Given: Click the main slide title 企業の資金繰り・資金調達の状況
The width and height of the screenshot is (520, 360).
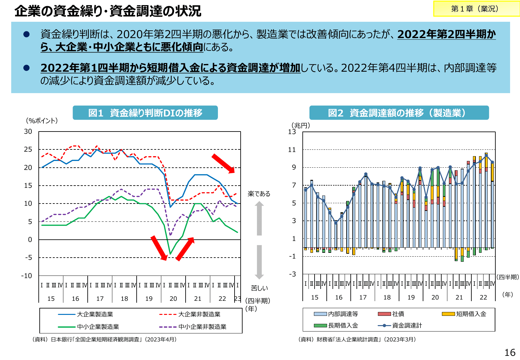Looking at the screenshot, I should pos(108,11).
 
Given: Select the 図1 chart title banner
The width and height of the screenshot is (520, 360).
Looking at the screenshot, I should pos(145,113).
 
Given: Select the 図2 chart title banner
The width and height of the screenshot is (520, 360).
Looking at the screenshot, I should pos(399,113).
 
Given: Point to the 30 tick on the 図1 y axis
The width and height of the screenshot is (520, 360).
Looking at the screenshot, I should pos(28,132).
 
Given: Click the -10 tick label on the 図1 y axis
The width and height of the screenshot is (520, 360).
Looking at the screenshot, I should pos(27,276).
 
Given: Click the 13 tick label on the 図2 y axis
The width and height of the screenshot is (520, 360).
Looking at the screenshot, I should pos(292,132).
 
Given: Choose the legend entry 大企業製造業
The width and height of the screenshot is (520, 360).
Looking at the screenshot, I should pos(95,315).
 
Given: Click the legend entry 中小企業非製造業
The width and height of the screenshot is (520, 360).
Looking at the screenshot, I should pos(202,327).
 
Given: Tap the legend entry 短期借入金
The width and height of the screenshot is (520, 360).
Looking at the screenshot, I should pos(471,314).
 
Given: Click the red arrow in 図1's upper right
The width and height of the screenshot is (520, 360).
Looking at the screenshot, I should pos(223,164).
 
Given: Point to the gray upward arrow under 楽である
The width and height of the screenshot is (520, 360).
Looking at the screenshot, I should pos(259,218).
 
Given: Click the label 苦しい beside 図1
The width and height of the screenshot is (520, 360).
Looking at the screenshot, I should pos(259,288).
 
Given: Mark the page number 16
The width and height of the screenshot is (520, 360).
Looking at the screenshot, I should pos(510,353).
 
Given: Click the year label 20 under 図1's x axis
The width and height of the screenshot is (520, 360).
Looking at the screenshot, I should pos(173,299).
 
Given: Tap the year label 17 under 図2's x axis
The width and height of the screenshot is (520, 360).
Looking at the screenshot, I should pos(363,297).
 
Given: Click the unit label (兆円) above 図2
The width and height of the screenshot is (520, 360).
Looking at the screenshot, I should pos(300,125).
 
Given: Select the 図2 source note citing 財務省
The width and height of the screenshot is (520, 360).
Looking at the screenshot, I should pos(357,340).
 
